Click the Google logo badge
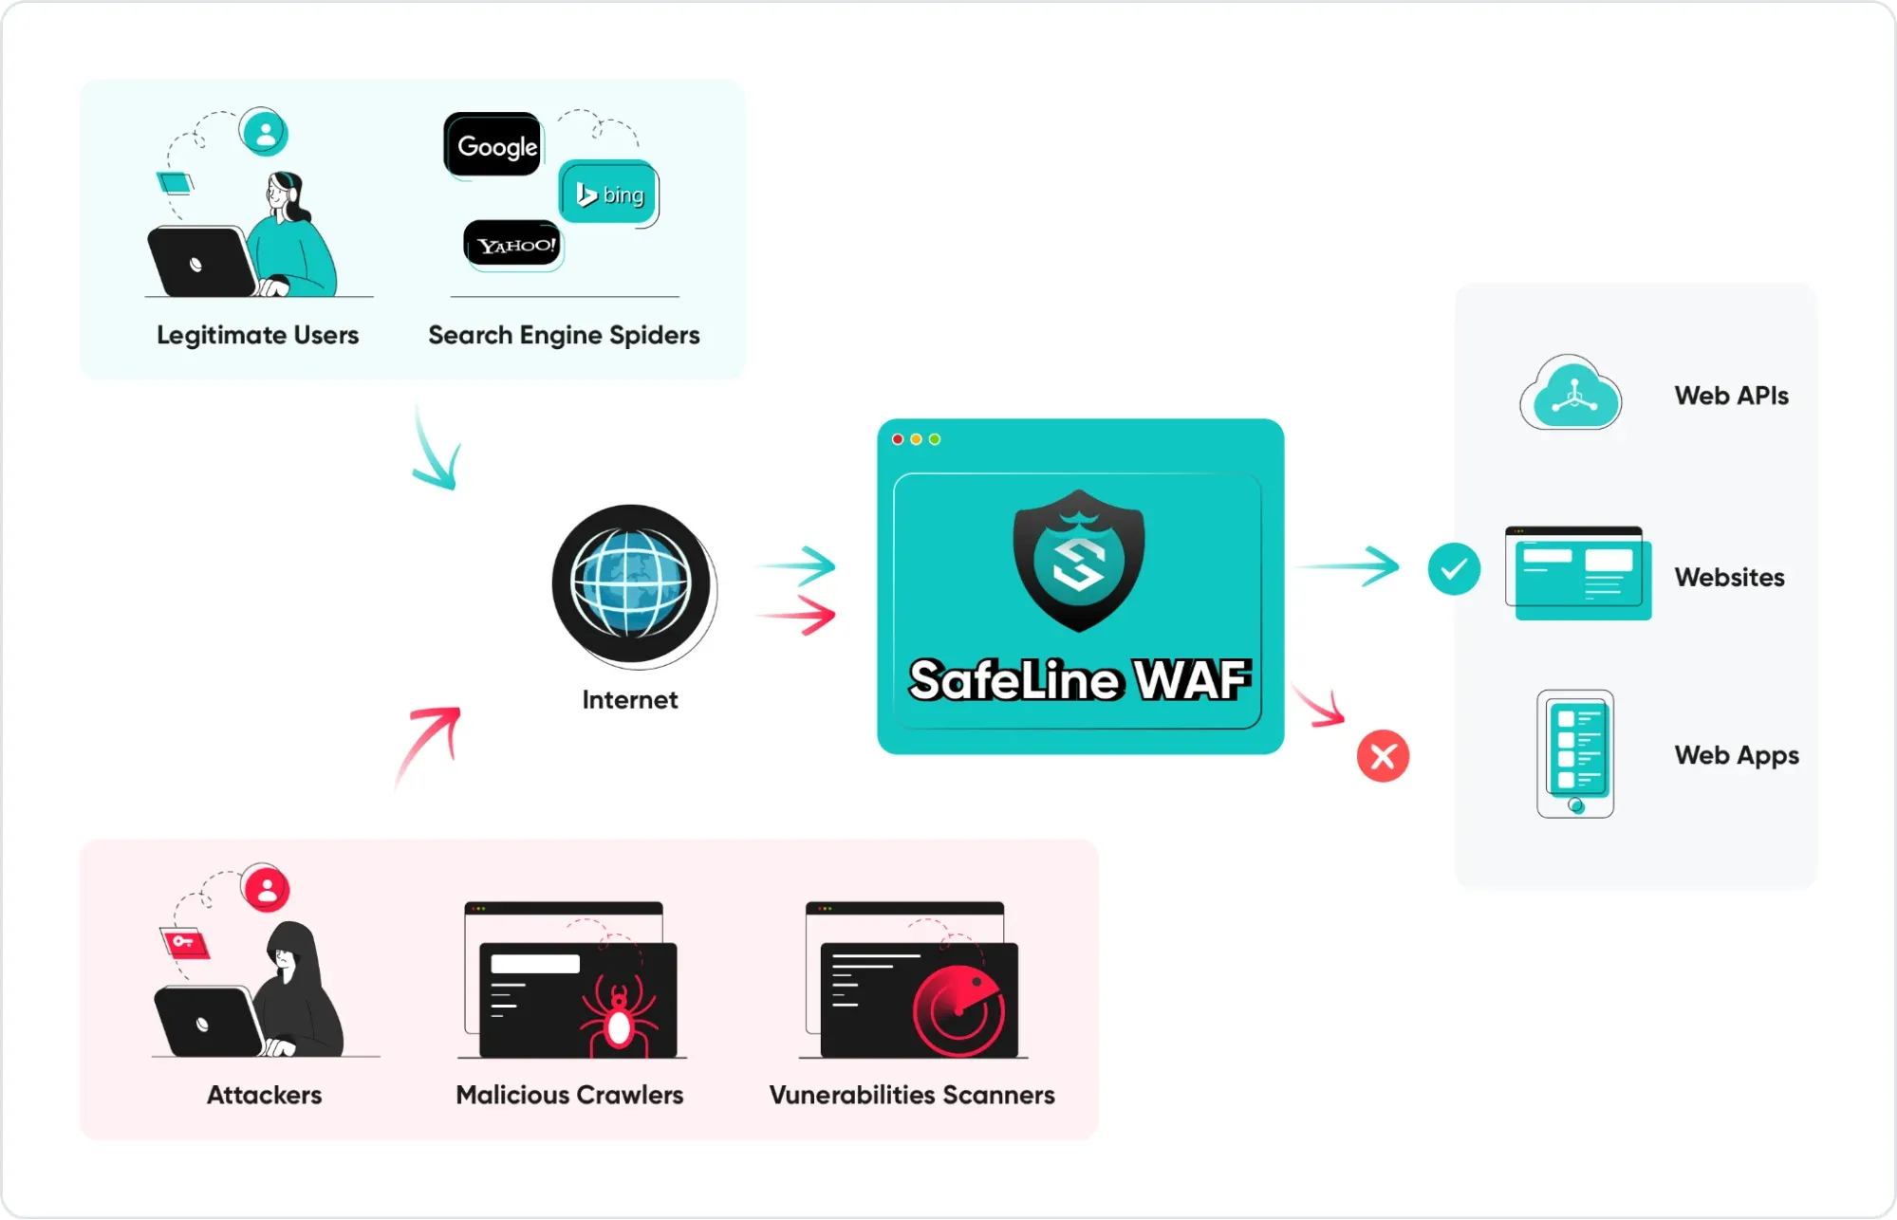(x=493, y=145)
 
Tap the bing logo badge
(x=608, y=194)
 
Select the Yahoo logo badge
(x=512, y=245)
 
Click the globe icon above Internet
(x=631, y=583)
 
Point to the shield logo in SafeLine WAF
(x=1079, y=560)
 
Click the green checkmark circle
(x=1454, y=569)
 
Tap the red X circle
(x=1383, y=756)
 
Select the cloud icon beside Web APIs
(x=1571, y=395)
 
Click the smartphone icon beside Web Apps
(x=1575, y=754)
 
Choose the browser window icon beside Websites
(x=1578, y=574)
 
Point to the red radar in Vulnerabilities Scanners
(x=958, y=1011)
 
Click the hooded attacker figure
(x=297, y=991)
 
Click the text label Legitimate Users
(x=257, y=335)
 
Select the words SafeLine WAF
(x=1079, y=679)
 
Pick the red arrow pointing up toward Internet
(x=428, y=745)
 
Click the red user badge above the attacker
(x=266, y=889)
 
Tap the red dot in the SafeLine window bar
(x=898, y=439)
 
